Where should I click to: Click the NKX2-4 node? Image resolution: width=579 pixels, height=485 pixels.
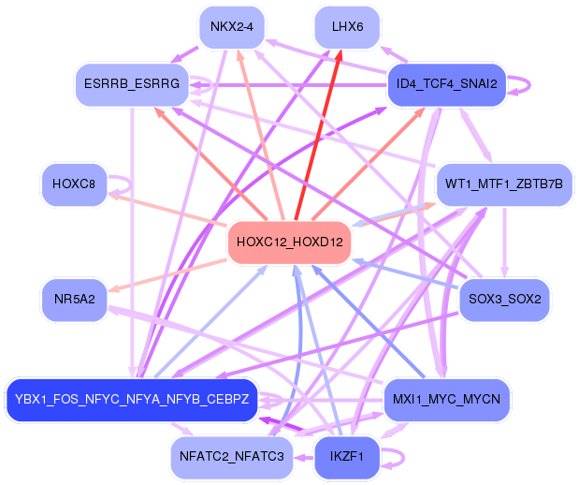[232, 26]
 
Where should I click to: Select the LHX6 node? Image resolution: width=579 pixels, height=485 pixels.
[347, 26]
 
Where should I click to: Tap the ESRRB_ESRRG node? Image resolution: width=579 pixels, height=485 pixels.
[133, 85]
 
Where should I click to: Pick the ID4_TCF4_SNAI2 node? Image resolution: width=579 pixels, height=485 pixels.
[446, 84]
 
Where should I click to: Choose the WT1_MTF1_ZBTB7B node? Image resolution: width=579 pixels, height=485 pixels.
[503, 184]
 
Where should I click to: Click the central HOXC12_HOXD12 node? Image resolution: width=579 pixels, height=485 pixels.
[290, 242]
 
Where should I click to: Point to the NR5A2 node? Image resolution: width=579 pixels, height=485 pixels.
[74, 300]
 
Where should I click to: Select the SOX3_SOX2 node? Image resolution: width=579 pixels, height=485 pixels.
[506, 300]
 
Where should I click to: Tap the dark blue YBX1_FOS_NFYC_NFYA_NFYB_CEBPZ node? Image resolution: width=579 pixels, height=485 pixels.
[131, 400]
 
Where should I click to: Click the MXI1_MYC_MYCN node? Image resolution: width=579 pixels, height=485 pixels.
[447, 400]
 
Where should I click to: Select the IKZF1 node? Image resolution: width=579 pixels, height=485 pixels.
[347, 457]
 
